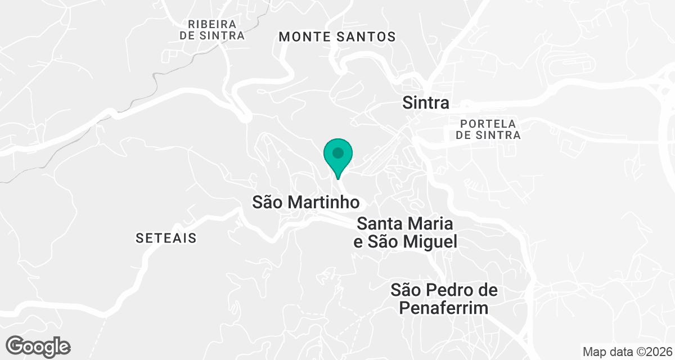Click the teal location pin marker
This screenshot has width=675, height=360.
click(338, 157)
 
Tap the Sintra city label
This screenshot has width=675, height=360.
click(426, 103)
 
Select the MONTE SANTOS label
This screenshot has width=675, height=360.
click(337, 37)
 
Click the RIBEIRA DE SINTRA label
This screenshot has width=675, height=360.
click(212, 30)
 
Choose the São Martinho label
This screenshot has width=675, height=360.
click(305, 202)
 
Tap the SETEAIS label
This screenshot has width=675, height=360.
click(166, 238)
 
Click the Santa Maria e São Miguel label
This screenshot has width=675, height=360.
click(405, 233)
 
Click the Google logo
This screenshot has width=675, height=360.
click(39, 346)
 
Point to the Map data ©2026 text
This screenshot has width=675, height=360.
click(627, 352)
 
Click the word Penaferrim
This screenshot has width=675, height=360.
click(444, 308)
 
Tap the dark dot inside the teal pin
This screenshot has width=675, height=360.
click(338, 152)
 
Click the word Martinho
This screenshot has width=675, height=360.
click(327, 202)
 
